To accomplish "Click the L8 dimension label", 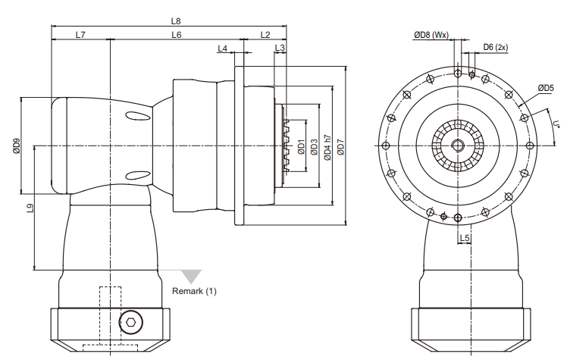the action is tap(176, 21).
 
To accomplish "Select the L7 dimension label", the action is tap(80, 35).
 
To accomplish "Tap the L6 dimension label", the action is tap(177, 35).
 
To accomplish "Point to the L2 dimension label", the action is tap(265, 35).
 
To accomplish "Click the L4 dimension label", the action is tap(222, 49).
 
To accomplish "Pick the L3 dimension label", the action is tap(280, 48).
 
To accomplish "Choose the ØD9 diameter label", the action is tap(17, 146).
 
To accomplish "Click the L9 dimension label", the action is tap(30, 208).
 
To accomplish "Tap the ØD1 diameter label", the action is tap(301, 146).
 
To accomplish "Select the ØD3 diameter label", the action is tap(314, 146).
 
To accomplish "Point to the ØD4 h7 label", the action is tap(327, 148).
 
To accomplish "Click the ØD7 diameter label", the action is tap(340, 146).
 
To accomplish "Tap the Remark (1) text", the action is tap(194, 291).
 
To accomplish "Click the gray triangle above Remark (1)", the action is tap(191, 276).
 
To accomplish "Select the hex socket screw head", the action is tap(130, 322).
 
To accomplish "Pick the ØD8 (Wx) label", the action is tap(431, 35).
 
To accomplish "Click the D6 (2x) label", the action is tap(496, 47).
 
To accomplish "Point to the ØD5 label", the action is tap(546, 88).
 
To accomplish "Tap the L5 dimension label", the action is tap(465, 238).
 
